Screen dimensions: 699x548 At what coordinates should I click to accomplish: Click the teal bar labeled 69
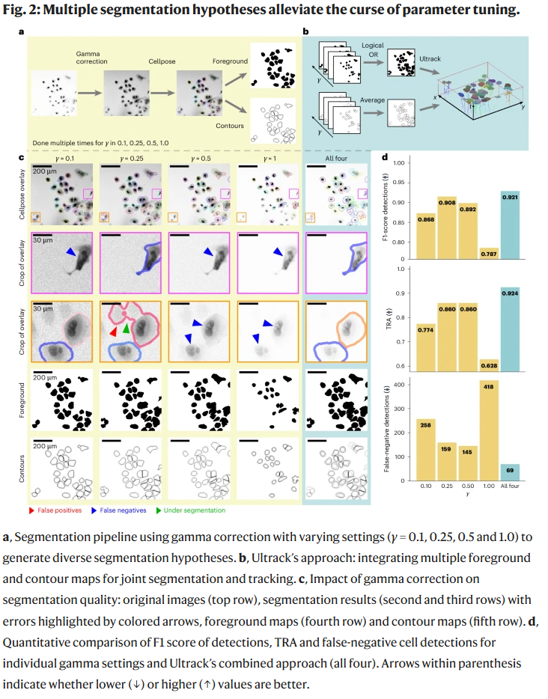click(x=511, y=472)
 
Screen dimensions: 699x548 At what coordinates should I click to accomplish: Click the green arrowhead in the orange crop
click(x=127, y=328)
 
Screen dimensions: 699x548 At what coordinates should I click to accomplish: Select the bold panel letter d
click(x=385, y=158)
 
